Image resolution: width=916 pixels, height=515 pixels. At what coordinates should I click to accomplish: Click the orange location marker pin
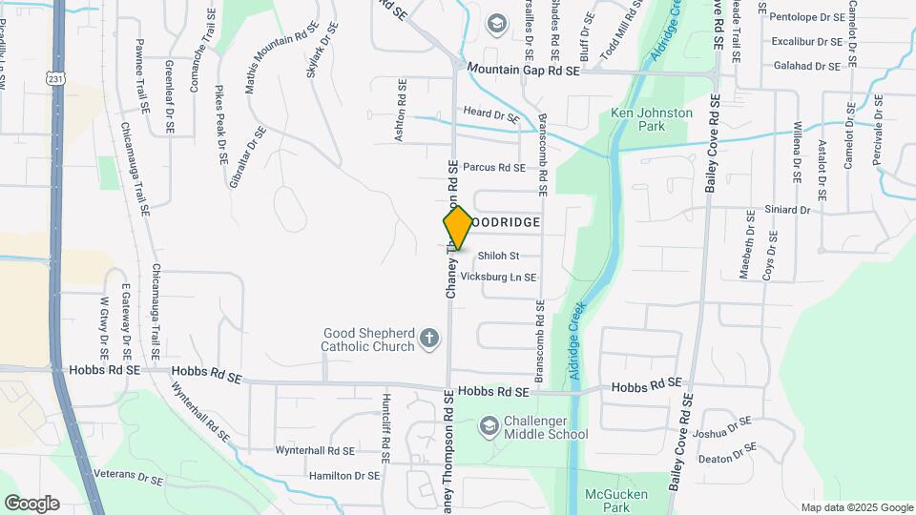pos(458,228)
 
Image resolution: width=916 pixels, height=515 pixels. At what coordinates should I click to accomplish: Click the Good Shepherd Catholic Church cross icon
pos(429,338)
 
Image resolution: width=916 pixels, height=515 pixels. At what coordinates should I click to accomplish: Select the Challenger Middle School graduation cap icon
pos(489,424)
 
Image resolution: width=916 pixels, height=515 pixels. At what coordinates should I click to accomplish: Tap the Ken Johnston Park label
pos(651,119)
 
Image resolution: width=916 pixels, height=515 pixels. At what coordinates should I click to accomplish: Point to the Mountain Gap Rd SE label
pos(523,71)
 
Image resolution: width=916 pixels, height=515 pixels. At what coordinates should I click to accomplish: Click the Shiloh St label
pos(498,256)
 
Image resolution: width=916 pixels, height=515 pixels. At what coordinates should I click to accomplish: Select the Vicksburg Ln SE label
pos(498,278)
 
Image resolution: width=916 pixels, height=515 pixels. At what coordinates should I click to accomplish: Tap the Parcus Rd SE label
pos(494,168)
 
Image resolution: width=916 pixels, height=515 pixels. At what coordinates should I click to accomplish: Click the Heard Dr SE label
pos(490,115)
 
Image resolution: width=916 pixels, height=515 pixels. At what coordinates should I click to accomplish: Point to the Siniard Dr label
pos(787,210)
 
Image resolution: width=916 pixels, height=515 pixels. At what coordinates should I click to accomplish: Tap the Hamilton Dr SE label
pos(344,475)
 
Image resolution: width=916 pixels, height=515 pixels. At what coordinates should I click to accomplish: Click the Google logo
pos(31,504)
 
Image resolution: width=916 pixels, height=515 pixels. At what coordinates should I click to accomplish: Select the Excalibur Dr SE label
pos(807,42)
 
